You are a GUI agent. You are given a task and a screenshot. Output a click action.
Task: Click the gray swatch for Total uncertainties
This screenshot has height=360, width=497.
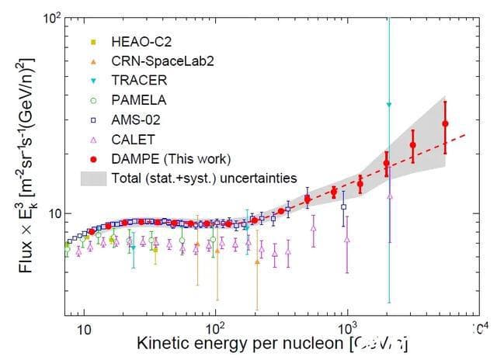[92, 178]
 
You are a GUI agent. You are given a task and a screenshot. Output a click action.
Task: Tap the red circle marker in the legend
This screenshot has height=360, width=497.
[92, 158]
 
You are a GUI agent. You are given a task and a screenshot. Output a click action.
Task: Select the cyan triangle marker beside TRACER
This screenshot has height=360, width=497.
[92, 81]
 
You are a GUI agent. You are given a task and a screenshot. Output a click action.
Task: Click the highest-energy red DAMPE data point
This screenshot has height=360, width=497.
[445, 123]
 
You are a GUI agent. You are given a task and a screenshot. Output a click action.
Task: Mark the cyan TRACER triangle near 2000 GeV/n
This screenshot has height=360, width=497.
[389, 105]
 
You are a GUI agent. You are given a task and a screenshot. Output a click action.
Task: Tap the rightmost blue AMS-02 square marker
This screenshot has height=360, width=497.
[344, 207]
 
